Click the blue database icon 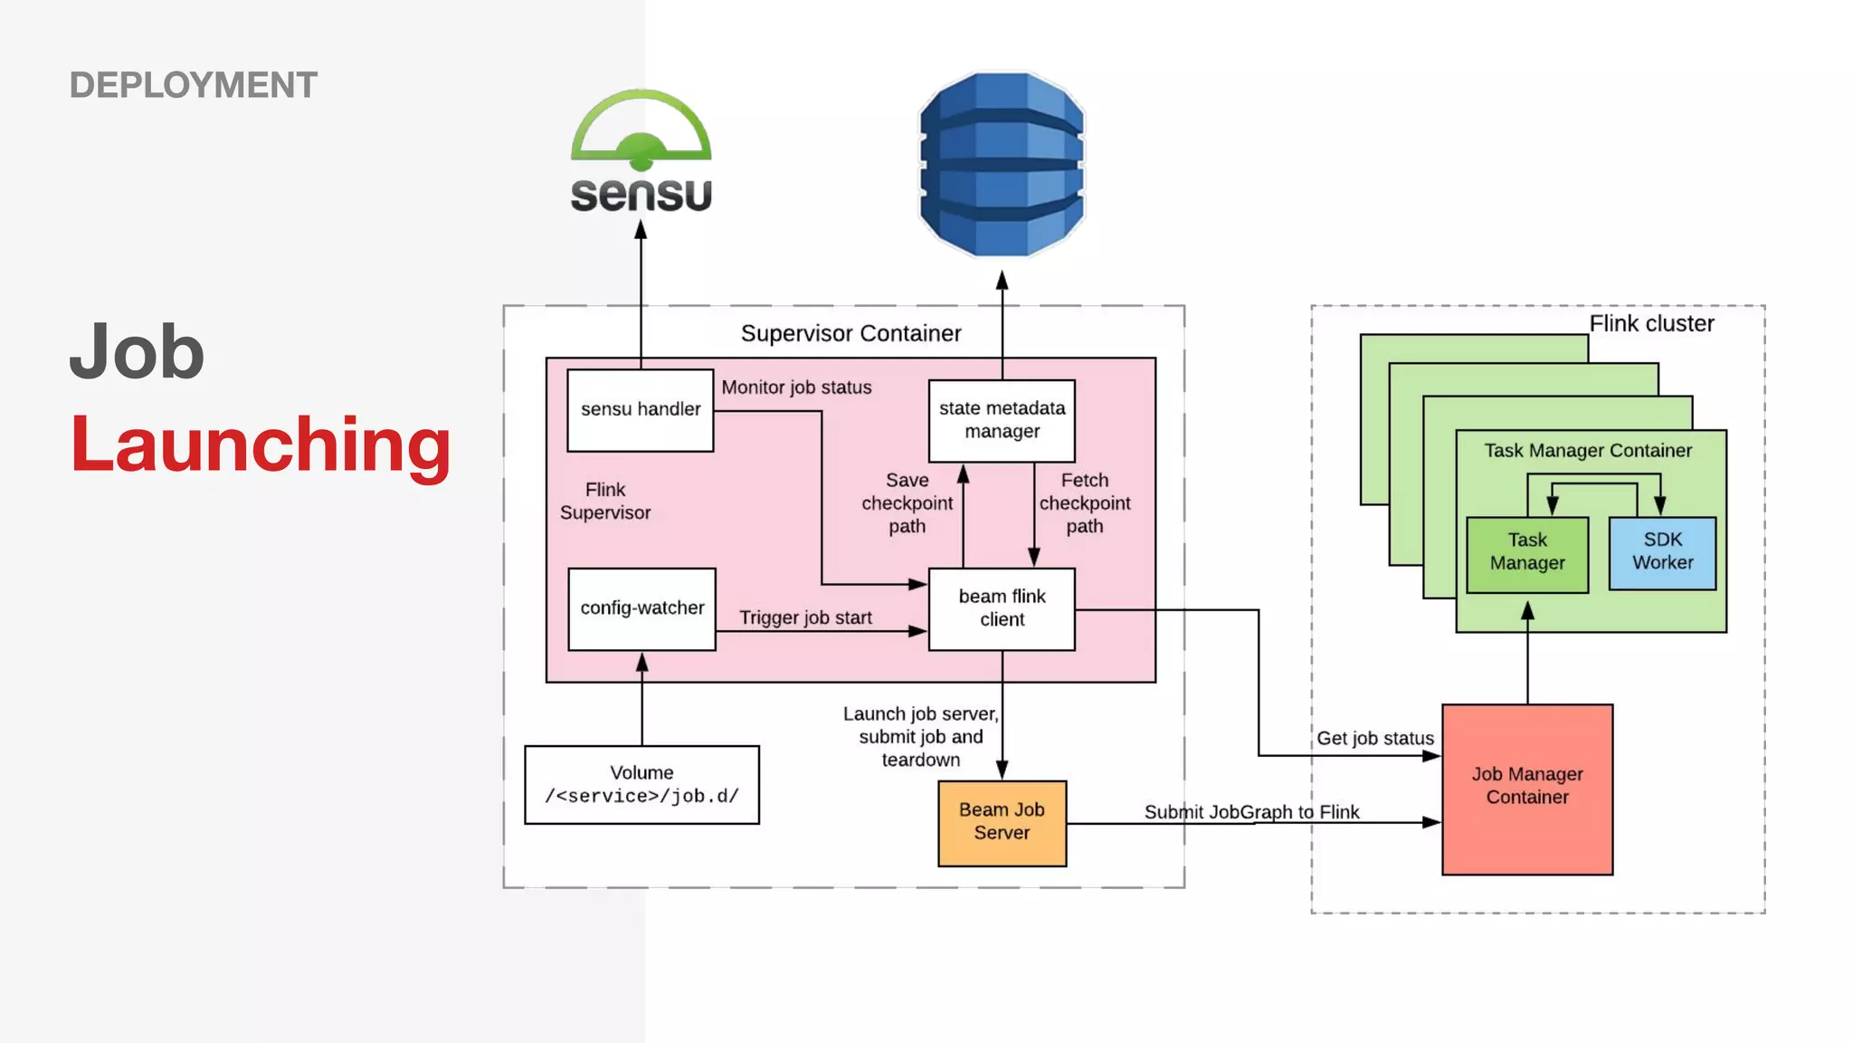pos(1002,165)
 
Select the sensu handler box pos(641,409)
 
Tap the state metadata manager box pos(1002,420)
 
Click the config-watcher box pos(641,608)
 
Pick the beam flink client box pos(1002,608)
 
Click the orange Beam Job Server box pos(1002,822)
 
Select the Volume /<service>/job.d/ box pos(641,784)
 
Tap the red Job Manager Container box pos(1527,788)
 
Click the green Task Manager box pos(1527,552)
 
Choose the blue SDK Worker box pos(1662,552)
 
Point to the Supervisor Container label pos(850,333)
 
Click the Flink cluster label pos(1651,324)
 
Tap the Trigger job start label pos(805,617)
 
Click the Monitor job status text pos(796,388)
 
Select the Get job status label pos(1374,738)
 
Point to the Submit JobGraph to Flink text pos(1251,811)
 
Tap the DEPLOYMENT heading pos(193,85)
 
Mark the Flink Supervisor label pos(605,501)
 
